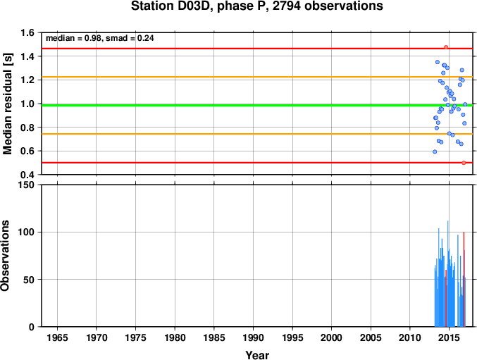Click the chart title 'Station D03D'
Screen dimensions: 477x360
tap(172, 6)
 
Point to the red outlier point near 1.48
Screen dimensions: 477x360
tap(446, 47)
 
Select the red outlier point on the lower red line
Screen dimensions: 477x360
tap(464, 163)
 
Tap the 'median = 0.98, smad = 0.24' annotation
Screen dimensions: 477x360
tap(100, 38)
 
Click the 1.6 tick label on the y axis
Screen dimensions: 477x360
tap(27, 32)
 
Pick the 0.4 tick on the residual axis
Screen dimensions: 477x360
tap(27, 175)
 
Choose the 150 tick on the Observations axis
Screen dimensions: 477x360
tap(27, 185)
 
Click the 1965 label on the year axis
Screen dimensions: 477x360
tap(57, 337)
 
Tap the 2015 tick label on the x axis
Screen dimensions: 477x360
tap(449, 337)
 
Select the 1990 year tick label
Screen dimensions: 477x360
tap(253, 337)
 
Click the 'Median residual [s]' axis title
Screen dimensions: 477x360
tap(7, 104)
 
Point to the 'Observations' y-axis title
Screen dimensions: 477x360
tap(5, 256)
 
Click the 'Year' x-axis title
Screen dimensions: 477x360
tap(257, 355)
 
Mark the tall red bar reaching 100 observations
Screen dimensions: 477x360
tap(464, 280)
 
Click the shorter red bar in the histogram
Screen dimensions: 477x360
tap(446, 298)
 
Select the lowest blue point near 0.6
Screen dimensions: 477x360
tap(435, 151)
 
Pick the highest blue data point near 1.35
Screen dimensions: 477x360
tap(438, 62)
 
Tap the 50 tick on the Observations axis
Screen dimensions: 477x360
tap(30, 280)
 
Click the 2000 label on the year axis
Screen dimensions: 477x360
tap(332, 337)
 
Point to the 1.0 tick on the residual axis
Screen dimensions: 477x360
tap(27, 104)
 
